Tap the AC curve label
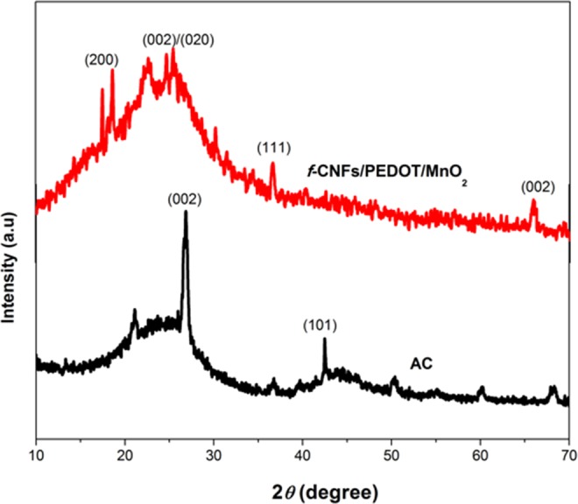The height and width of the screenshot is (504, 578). [423, 360]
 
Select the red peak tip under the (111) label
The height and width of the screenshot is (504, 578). [273, 163]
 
